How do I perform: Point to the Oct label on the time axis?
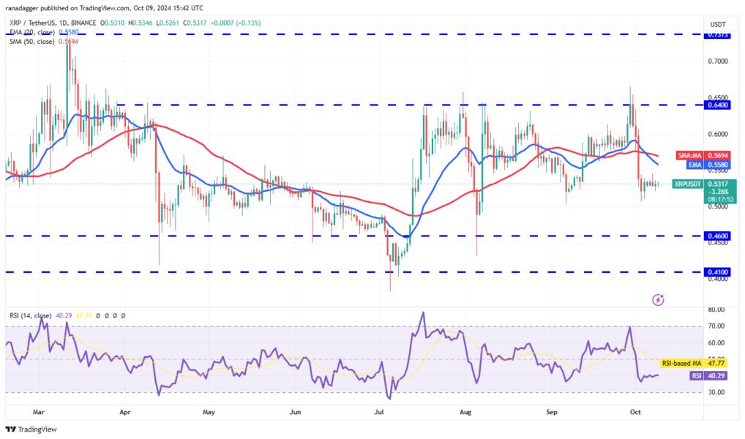[x=635, y=412]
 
